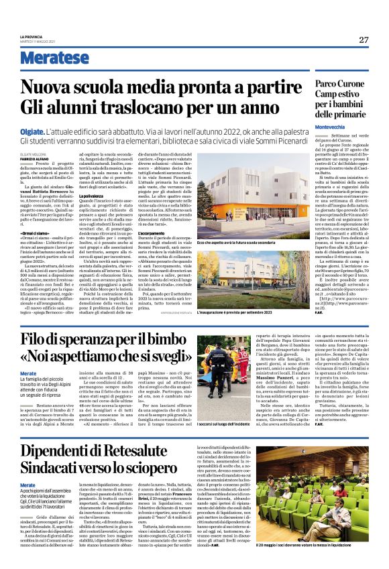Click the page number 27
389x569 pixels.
(364, 40)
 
